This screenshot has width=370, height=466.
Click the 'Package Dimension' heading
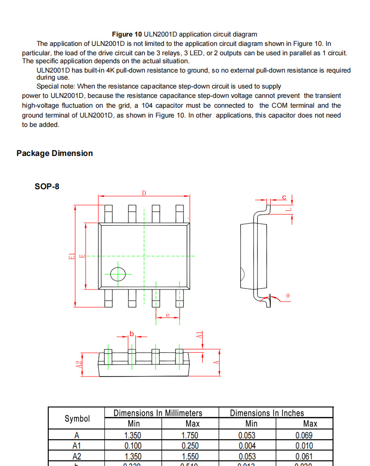55,153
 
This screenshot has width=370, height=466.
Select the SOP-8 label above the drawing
47,186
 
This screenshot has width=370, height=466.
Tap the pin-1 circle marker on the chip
118,274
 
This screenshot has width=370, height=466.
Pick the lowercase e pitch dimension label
167,315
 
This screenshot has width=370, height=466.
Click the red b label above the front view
132,333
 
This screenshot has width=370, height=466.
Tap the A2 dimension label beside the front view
79,363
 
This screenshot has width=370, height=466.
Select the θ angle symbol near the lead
288,296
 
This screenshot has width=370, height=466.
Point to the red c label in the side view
284,197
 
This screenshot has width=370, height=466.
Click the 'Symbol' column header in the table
77,418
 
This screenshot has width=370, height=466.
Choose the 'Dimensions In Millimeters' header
158,413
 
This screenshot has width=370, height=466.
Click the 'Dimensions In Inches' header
267,413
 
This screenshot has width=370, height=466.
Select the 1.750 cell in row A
190,435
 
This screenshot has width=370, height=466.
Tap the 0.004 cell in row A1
247,446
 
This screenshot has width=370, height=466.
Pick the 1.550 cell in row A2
190,456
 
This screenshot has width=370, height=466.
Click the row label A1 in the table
77,446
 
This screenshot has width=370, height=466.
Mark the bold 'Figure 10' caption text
127,34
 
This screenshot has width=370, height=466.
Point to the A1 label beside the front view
199,335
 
